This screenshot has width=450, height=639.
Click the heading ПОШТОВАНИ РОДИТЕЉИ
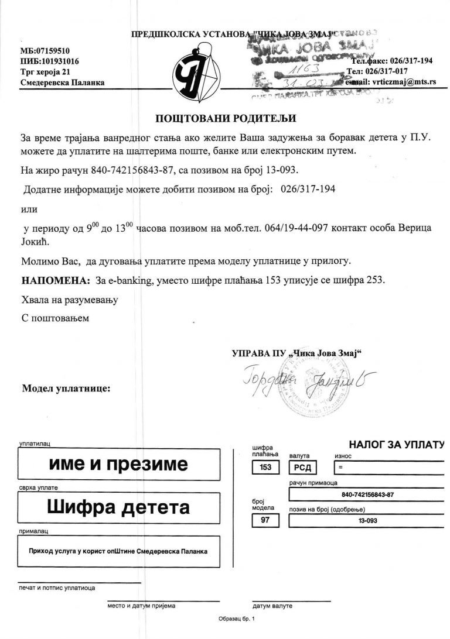click(x=226, y=118)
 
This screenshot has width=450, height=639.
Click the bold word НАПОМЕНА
click(x=55, y=280)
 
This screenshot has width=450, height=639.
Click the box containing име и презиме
click(x=119, y=465)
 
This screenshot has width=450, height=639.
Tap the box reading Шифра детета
click(x=119, y=507)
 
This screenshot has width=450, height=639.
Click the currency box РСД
click(x=304, y=468)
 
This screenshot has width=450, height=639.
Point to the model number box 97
click(x=265, y=520)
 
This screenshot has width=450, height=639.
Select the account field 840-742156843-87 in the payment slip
click(x=367, y=494)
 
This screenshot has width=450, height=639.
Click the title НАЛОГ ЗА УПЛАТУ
click(x=396, y=445)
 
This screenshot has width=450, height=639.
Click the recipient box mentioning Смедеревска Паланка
click(x=119, y=551)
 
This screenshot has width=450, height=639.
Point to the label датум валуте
click(x=272, y=606)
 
